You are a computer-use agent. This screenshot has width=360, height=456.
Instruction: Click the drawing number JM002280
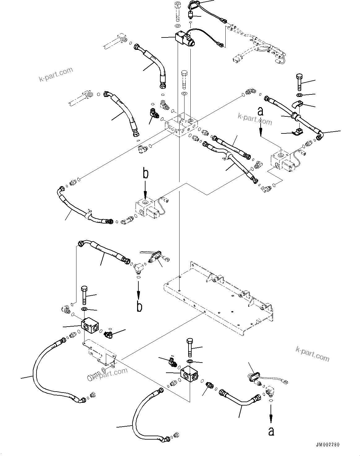tap(327, 445)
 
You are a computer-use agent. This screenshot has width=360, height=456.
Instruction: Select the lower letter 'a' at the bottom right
tap(271, 431)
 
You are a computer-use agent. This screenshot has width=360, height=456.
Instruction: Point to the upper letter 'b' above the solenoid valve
tap(145, 174)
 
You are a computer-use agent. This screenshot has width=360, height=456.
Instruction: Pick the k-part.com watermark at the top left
tap(56, 74)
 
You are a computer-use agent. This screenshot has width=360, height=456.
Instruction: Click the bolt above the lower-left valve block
tap(84, 296)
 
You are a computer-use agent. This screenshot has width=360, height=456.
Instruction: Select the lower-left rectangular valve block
tap(90, 327)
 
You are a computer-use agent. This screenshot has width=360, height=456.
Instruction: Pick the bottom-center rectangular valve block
tap(190, 374)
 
